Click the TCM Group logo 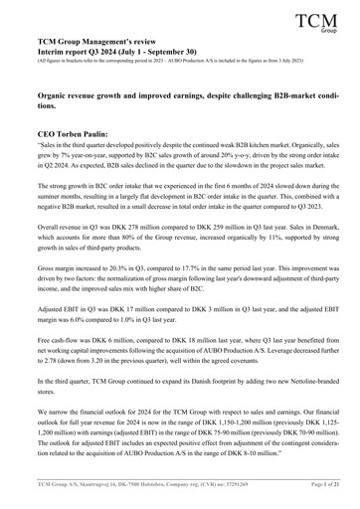[317, 22]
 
